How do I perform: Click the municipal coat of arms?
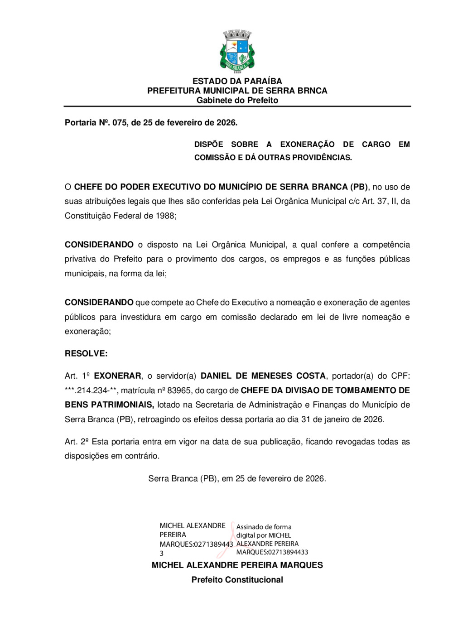(x=237, y=51)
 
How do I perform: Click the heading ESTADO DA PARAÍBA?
(x=237, y=81)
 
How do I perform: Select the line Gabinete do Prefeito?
(x=237, y=100)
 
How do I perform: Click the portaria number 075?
(x=120, y=122)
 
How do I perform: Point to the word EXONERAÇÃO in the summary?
(x=307, y=145)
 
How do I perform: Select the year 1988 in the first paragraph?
(x=165, y=216)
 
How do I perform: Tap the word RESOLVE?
(x=86, y=354)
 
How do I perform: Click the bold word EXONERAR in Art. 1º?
(x=117, y=376)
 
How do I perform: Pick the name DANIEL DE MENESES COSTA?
(x=263, y=376)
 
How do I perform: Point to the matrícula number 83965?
(x=179, y=390)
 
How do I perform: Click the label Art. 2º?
(x=76, y=442)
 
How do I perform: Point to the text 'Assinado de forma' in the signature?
(x=264, y=527)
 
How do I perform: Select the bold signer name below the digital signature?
(x=237, y=565)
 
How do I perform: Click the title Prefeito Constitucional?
(x=237, y=580)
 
